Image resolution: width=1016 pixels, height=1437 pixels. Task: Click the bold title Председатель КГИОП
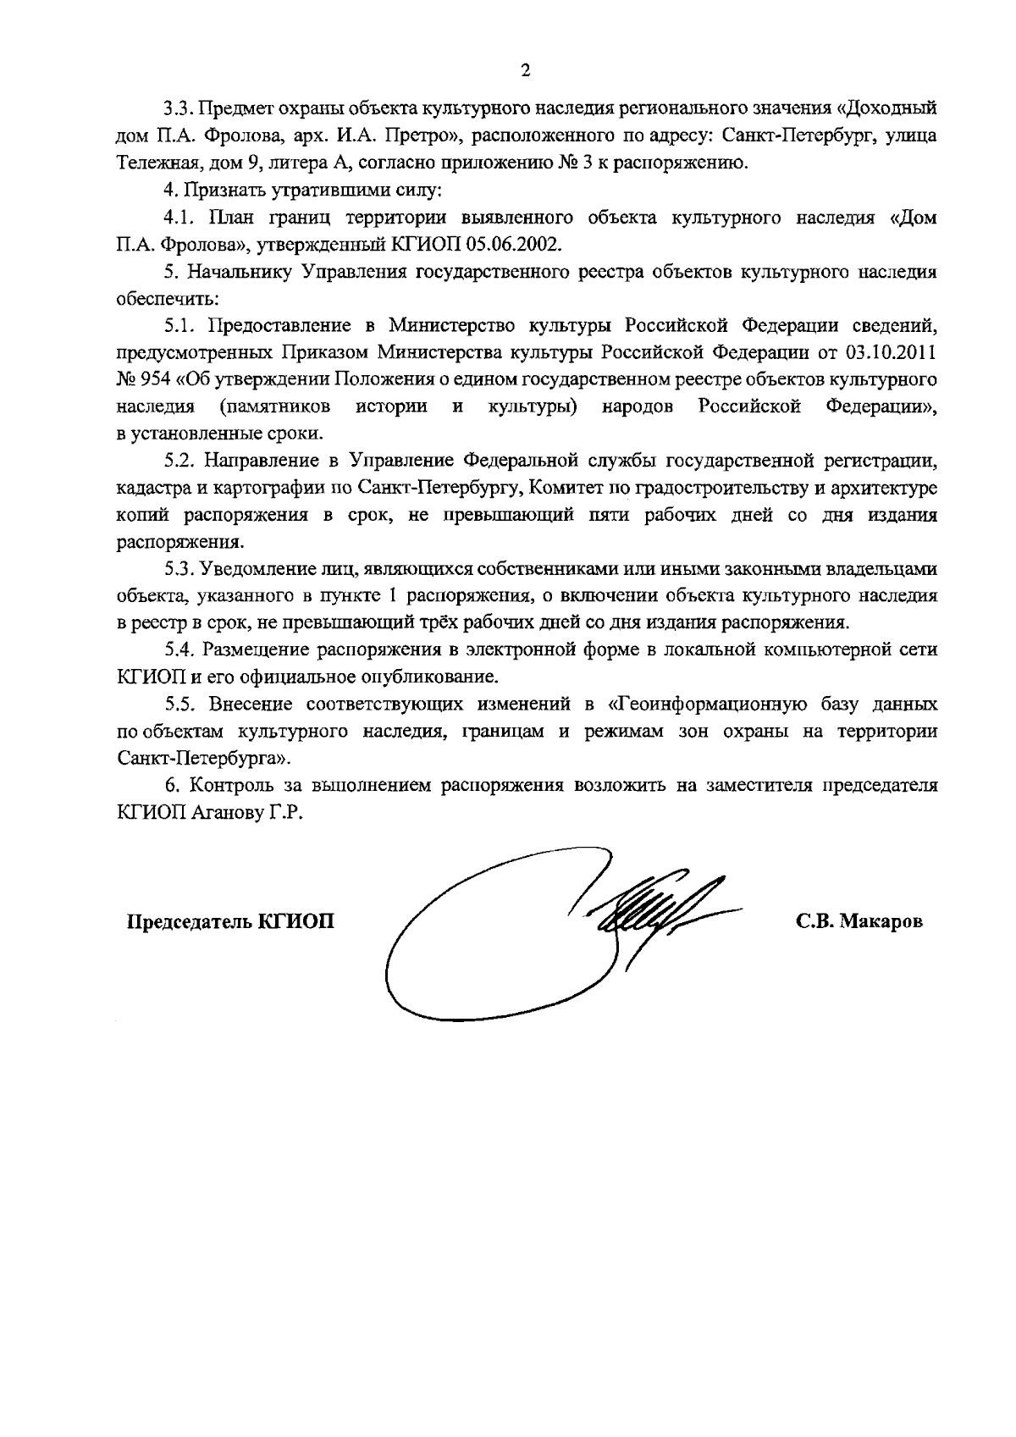(230, 921)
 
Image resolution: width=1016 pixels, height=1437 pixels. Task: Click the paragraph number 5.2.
(179, 461)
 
